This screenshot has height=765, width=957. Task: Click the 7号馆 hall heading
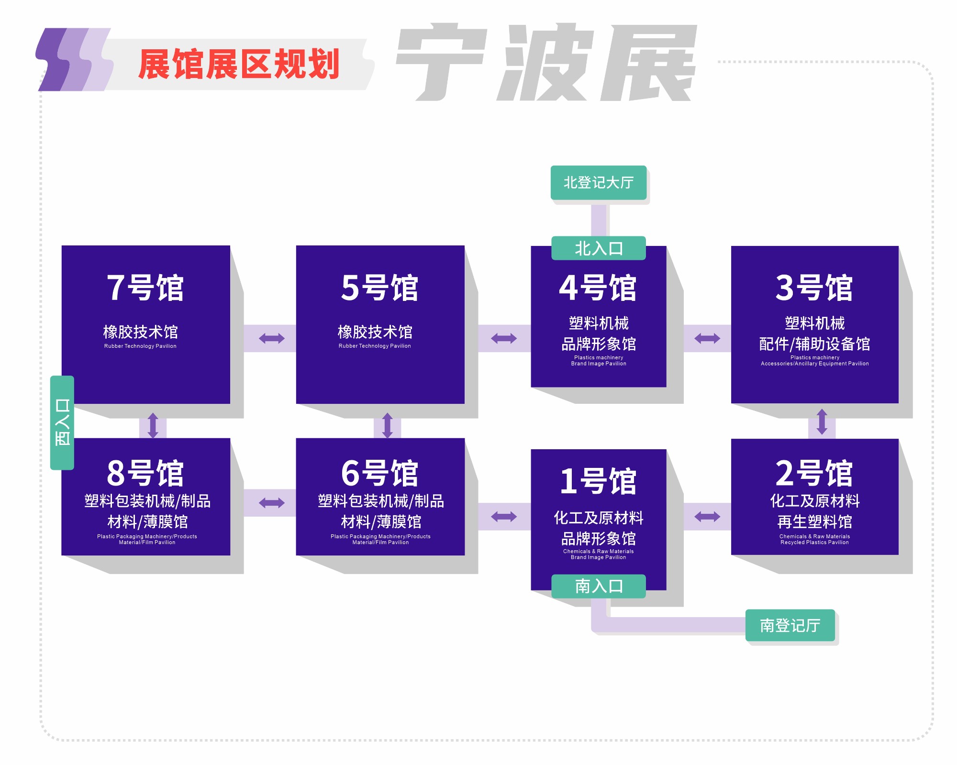145,288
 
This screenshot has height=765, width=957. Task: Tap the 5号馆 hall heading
379,288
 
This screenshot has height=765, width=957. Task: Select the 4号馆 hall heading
598,288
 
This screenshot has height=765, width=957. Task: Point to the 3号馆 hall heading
814,288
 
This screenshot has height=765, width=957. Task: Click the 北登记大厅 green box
598,182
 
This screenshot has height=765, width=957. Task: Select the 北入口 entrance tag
598,248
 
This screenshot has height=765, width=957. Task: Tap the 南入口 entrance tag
598,586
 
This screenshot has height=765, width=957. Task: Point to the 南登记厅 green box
790,625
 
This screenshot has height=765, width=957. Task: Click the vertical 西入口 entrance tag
62,422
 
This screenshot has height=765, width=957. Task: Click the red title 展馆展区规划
239,64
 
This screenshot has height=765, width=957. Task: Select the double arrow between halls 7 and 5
271,339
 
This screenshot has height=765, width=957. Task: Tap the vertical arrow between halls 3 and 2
822,421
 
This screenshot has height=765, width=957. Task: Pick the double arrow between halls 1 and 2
707,517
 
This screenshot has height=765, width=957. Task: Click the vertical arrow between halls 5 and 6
387,425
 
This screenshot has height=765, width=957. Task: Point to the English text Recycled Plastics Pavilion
814,543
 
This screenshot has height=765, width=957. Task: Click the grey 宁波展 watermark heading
545,62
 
